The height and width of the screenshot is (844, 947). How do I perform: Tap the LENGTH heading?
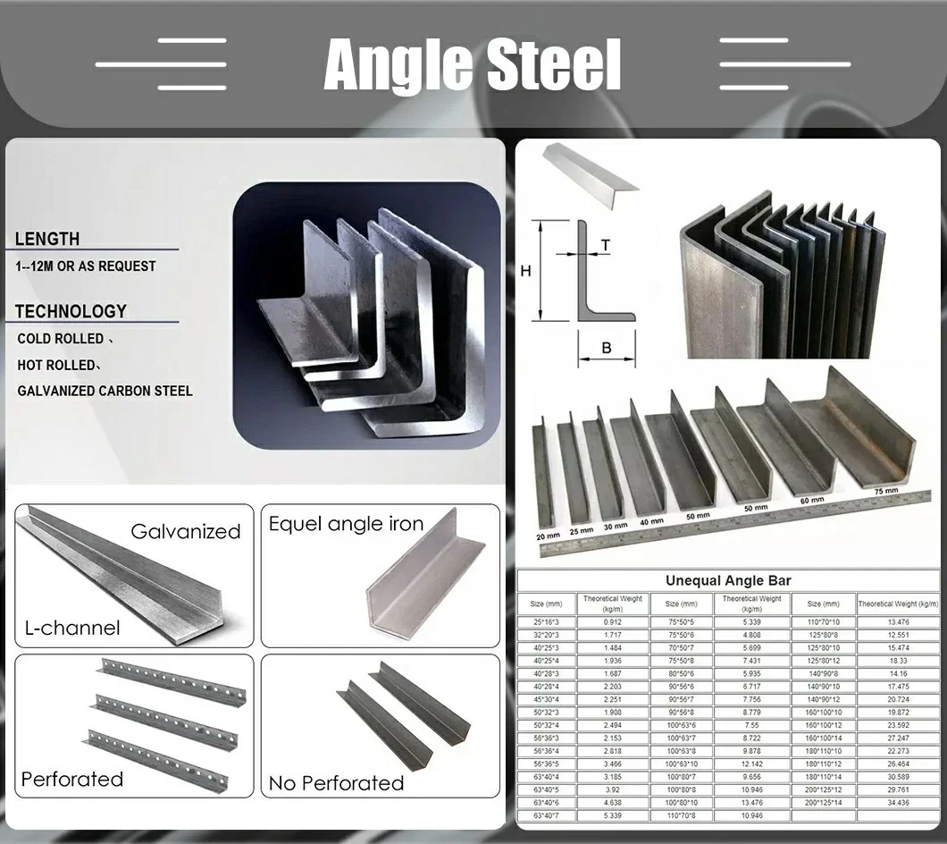[47, 239]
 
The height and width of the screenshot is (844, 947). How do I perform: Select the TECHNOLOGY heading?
[71, 311]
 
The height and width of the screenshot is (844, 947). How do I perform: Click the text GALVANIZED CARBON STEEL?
[105, 391]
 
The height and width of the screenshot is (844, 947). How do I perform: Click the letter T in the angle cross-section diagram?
[606, 244]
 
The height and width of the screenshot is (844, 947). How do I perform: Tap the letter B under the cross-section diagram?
[606, 348]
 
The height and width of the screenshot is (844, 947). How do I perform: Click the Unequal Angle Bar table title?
[728, 580]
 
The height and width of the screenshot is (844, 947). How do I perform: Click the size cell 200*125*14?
[824, 803]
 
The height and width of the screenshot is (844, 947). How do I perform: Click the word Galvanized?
[186, 531]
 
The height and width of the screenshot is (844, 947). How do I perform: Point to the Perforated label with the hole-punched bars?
[72, 779]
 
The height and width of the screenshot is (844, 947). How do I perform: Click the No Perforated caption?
[337, 783]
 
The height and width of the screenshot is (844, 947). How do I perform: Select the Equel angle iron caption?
[347, 524]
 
